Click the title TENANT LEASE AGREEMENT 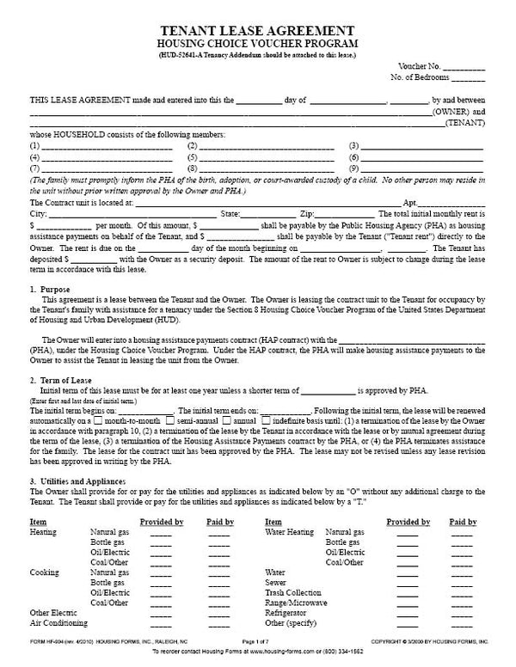point(258,28)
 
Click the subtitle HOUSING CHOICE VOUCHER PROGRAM point(258,43)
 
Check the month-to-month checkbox point(99,422)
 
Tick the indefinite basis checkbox point(267,422)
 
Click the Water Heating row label point(290,532)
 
